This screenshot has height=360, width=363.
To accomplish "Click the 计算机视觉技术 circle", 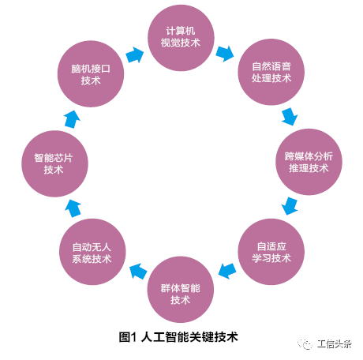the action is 181,38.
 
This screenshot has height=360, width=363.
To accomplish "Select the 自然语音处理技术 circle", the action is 271,72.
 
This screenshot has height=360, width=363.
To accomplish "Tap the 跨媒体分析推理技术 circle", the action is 309,162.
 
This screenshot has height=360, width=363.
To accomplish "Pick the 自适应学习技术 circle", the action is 271,252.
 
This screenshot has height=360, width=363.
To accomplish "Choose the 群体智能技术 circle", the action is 181,290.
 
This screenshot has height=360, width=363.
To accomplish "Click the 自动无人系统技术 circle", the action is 92,252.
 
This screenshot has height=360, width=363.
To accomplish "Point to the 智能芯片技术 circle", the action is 54,163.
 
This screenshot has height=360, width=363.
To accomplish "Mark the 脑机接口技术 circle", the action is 91,74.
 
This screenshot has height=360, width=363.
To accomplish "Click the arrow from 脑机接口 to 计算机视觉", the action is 135,54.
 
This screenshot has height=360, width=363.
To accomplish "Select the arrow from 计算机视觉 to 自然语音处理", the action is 225,54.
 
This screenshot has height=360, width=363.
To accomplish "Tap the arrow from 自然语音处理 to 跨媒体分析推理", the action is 290,117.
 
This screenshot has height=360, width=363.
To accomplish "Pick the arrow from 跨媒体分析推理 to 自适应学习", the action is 290,206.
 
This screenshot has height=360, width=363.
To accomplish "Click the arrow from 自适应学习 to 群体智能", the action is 227,271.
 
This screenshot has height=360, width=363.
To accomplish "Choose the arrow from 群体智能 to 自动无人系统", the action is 138,272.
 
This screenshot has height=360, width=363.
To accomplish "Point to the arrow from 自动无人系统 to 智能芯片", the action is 73,208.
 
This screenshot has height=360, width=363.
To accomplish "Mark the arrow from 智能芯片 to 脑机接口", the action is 72,119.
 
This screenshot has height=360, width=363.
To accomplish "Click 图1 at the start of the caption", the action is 128,337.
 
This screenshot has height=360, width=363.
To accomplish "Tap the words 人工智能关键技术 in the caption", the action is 189,337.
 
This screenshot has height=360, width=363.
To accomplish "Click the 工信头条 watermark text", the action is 335,344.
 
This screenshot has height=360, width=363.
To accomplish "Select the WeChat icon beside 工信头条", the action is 305,343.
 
